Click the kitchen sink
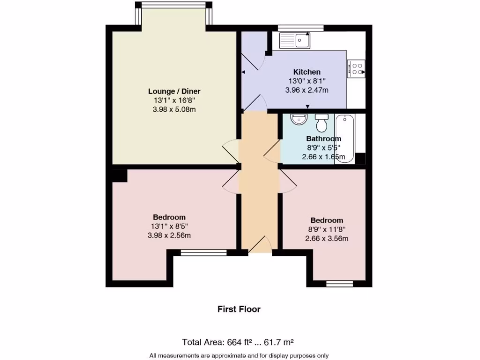pyautogui.click(x=294, y=40)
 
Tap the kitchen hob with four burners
pyautogui.click(x=356, y=69)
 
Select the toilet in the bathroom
pyautogui.click(x=322, y=123)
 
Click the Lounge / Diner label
pyautogui.click(x=177, y=91)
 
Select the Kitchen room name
pyautogui.click(x=307, y=72)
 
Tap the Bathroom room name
pyautogui.click(x=323, y=139)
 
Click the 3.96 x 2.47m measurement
pyautogui.click(x=307, y=90)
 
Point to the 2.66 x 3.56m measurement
pyautogui.click(x=327, y=239)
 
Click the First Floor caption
pyautogui.click(x=239, y=309)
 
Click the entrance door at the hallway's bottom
pyautogui.click(x=260, y=246)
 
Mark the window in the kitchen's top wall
pyautogui.click(x=300, y=28)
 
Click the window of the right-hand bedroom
pyautogui.click(x=340, y=283)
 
